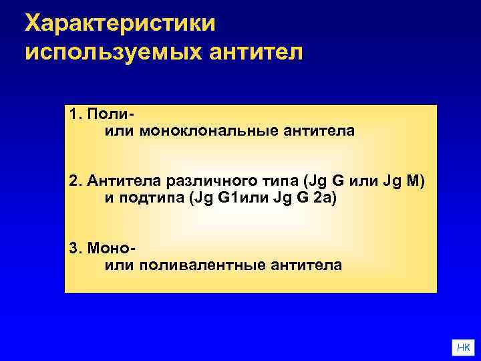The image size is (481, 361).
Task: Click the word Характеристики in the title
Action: point(120,23)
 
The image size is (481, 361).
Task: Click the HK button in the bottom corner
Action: point(463,346)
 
